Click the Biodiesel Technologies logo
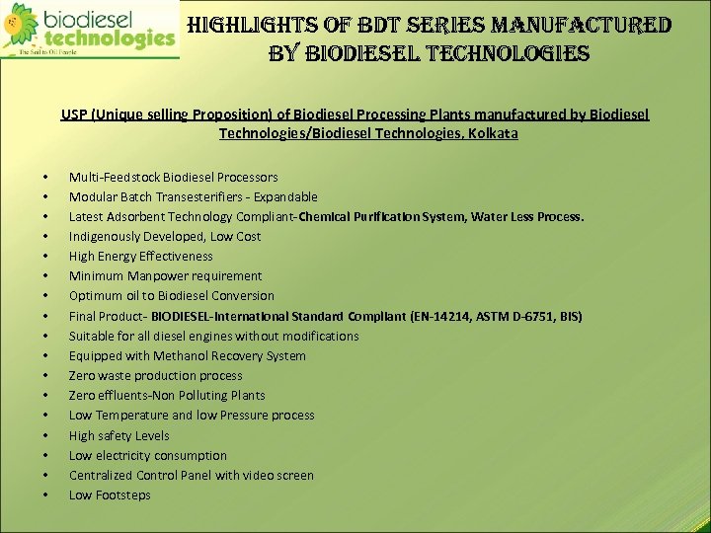(89, 31)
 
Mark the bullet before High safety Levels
(46, 436)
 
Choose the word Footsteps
(123, 495)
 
